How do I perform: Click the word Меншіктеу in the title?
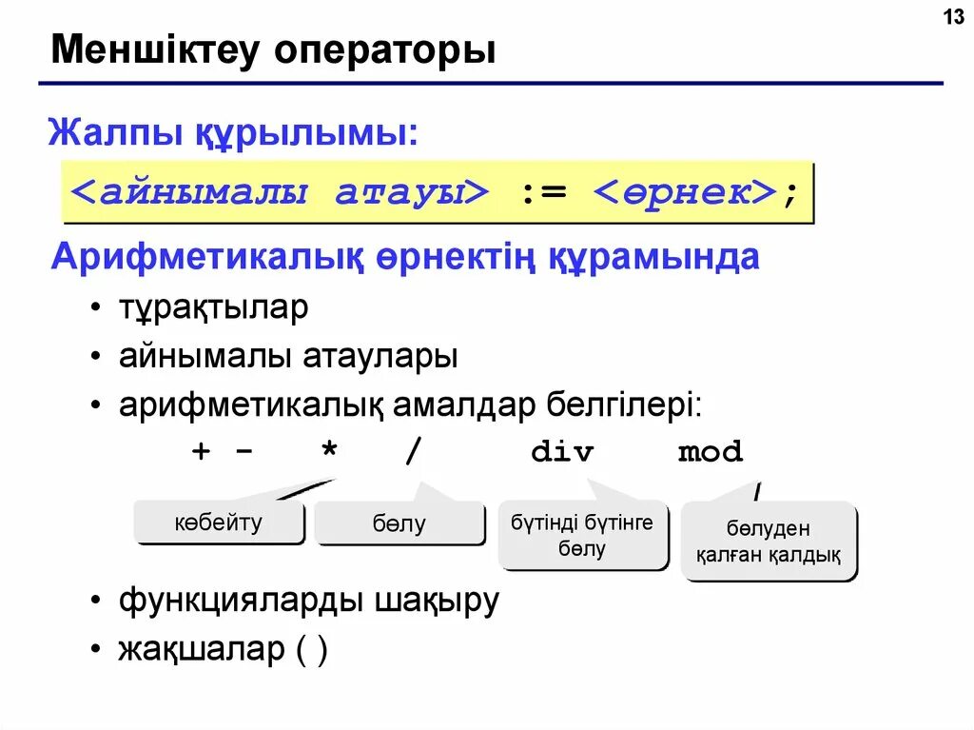[154, 50]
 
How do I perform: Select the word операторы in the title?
[385, 50]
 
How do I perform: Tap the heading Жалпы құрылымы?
[233, 132]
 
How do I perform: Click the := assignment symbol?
[543, 191]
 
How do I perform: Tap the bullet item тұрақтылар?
[213, 308]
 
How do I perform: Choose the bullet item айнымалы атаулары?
[288, 357]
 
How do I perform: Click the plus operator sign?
[201, 452]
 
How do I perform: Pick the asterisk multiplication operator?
[329, 452]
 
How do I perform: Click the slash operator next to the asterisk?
[412, 452]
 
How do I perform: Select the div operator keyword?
[562, 452]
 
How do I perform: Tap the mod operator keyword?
[710, 452]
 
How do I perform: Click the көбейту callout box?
[219, 523]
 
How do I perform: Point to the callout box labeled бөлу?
[399, 523]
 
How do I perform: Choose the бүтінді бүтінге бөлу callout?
[582, 536]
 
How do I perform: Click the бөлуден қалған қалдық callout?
[768, 542]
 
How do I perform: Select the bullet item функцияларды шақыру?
[308, 602]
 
